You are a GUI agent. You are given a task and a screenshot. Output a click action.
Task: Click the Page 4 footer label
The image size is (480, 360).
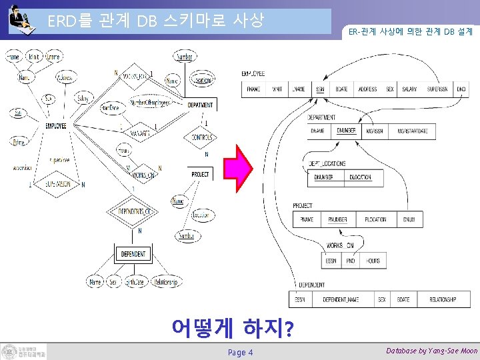click(x=240, y=352)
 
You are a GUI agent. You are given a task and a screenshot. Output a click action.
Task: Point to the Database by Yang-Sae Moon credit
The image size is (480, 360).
click(x=431, y=351)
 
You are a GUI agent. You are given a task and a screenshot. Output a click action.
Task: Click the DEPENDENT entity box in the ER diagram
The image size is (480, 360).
click(x=134, y=254)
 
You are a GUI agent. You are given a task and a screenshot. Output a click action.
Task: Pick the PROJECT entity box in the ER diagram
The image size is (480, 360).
click(x=199, y=175)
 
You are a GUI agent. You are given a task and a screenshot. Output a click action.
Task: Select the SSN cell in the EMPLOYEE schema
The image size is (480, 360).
click(x=321, y=89)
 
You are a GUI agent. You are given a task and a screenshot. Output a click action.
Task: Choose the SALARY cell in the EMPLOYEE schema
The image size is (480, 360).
click(x=409, y=89)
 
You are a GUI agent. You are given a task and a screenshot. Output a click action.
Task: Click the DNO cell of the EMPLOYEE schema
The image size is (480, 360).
click(x=461, y=89)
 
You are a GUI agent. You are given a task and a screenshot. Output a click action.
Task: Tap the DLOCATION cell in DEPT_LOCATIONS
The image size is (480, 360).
click(x=360, y=177)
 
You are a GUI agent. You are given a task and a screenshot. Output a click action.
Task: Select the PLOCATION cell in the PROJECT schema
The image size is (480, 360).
click(x=375, y=219)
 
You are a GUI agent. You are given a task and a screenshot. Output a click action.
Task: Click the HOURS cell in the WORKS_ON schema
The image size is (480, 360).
click(x=373, y=261)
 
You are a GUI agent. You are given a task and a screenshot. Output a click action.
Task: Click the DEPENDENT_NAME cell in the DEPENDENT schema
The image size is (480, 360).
click(x=341, y=300)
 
